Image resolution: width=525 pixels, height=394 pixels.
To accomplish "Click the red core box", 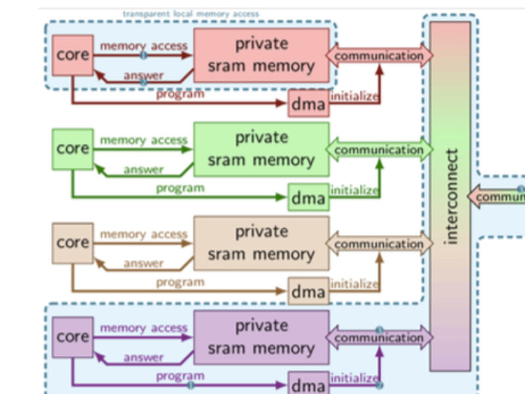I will pyautogui.click(x=73, y=55).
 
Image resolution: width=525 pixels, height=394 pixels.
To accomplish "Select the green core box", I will pyautogui.click(x=73, y=148).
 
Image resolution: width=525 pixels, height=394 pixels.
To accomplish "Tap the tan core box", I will pyautogui.click(x=73, y=242).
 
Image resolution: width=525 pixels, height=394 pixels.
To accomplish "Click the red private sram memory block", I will pyautogui.click(x=261, y=55).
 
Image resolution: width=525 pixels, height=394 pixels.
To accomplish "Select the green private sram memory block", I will pyautogui.click(x=261, y=149).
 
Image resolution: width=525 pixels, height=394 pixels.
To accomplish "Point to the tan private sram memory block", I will pyautogui.click(x=261, y=243).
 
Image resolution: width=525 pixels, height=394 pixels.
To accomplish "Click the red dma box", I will pyautogui.click(x=308, y=104).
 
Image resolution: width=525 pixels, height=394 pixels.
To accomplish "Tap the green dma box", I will pyautogui.click(x=308, y=198).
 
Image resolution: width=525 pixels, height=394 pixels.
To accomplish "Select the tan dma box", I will pyautogui.click(x=308, y=292).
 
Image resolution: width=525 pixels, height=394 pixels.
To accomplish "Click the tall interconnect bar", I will pyautogui.click(x=450, y=197).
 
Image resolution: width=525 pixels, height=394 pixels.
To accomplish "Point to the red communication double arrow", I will pyautogui.click(x=379, y=56).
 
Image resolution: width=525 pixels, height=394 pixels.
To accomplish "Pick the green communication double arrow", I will pyautogui.click(x=379, y=150).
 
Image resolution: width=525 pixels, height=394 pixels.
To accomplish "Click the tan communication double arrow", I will pyautogui.click(x=379, y=244).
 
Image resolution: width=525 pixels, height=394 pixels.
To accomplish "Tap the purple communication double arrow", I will pyautogui.click(x=379, y=338).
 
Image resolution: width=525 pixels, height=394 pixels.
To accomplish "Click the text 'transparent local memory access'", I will pyautogui.click(x=191, y=14).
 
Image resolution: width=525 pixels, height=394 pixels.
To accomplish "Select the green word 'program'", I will pyautogui.click(x=180, y=188).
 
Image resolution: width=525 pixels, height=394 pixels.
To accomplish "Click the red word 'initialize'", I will pyautogui.click(x=354, y=97).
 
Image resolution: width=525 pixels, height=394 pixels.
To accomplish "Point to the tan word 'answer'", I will pyautogui.click(x=143, y=263).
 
